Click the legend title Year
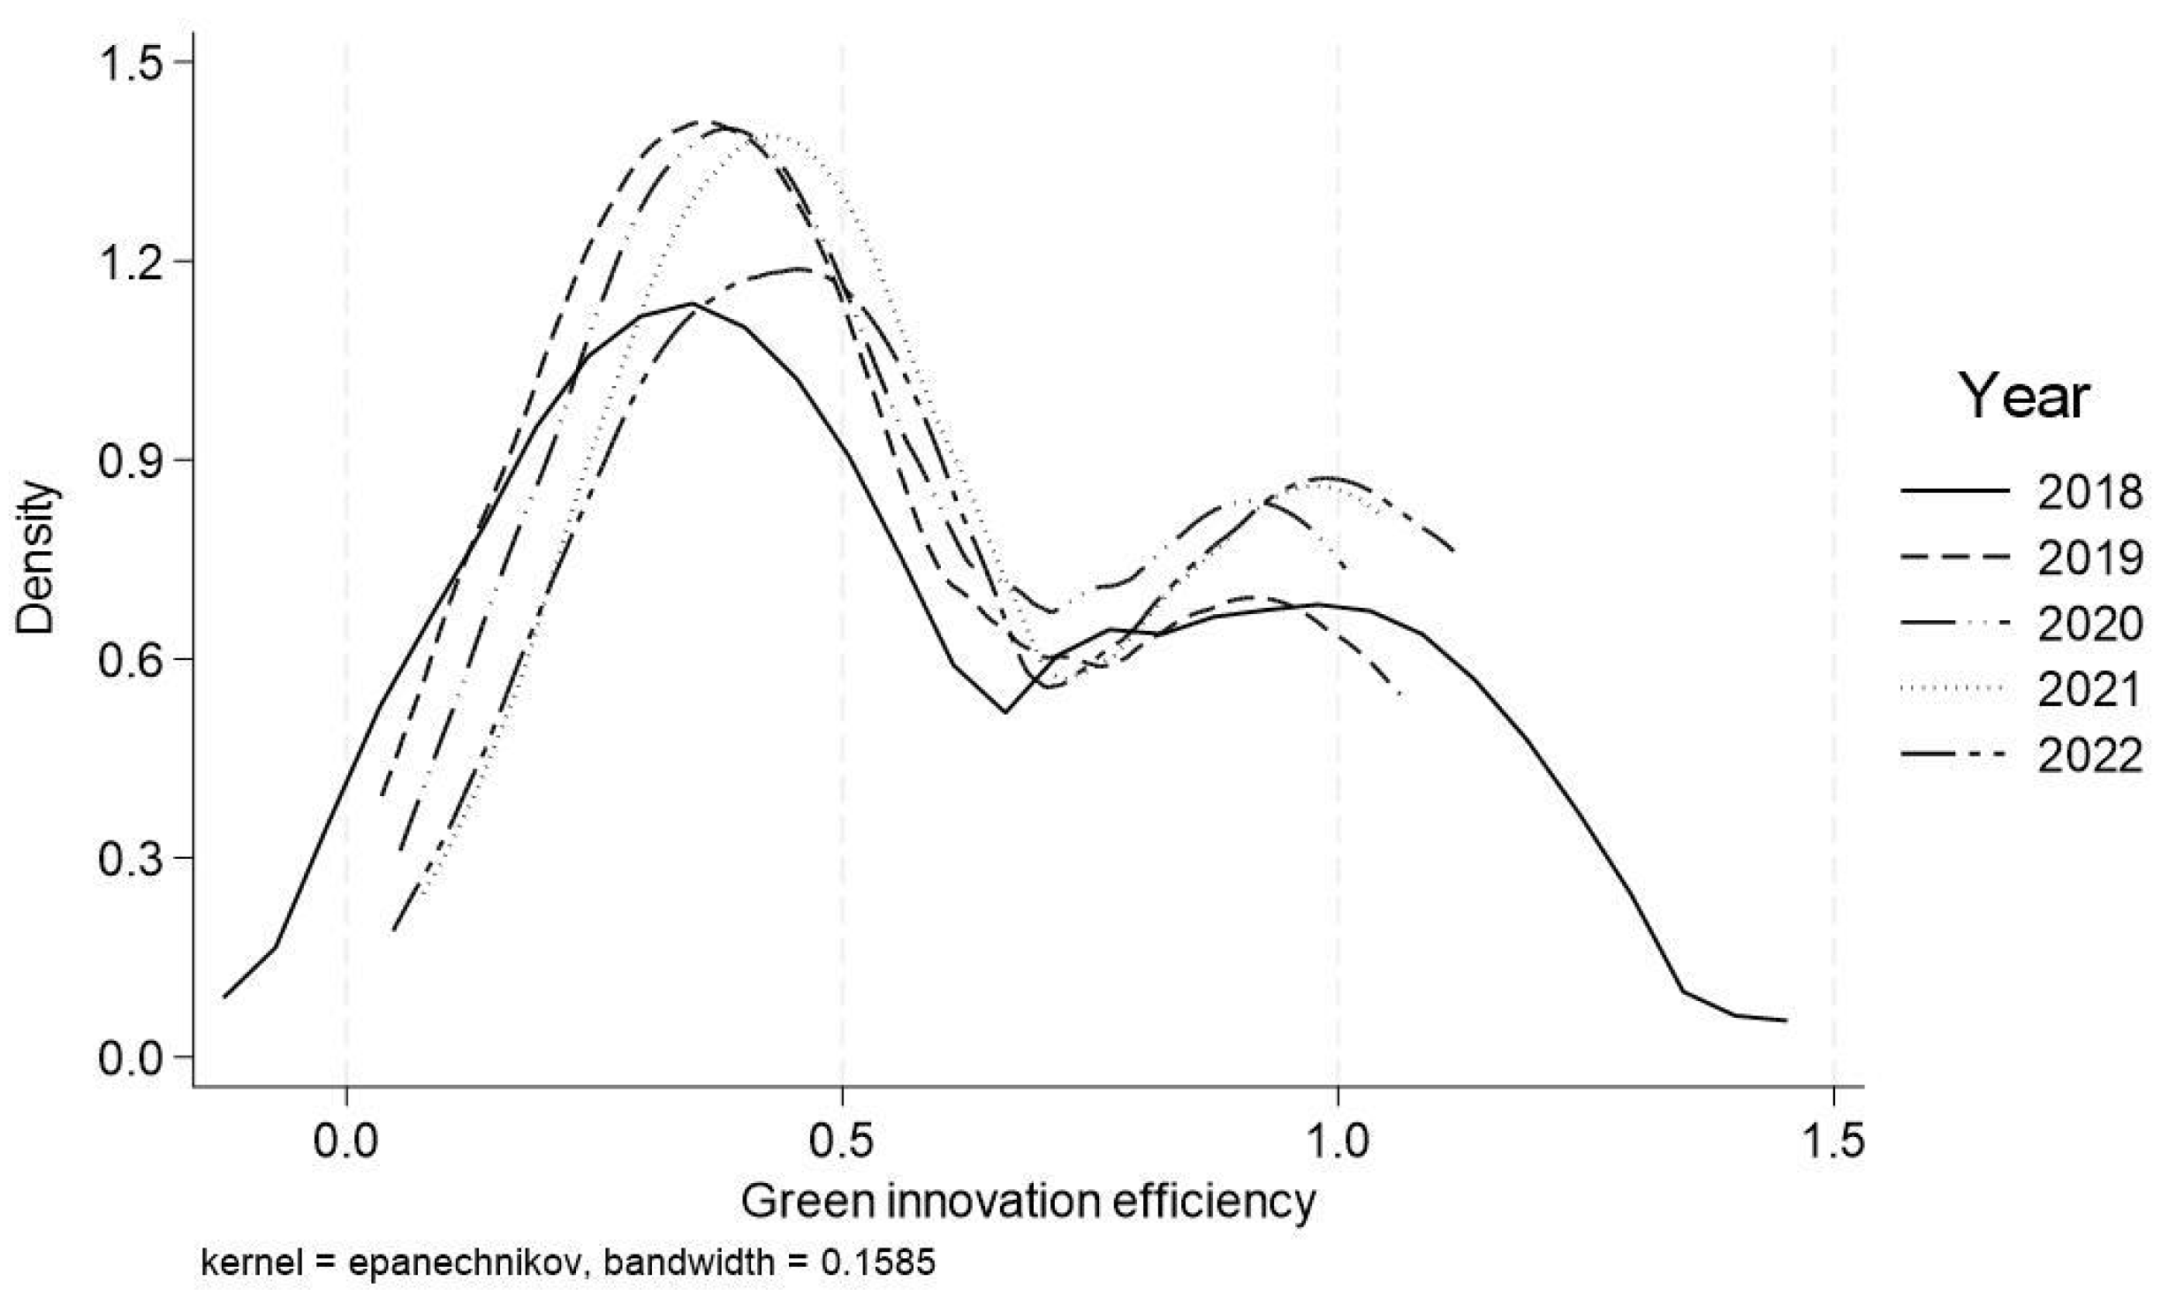pos(2024,398)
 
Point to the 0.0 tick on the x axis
pos(346,1142)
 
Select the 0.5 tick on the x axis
pos(842,1142)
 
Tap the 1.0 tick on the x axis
pos(1338,1142)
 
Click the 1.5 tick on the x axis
pos(1834,1142)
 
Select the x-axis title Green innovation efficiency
pos(1027,1203)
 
